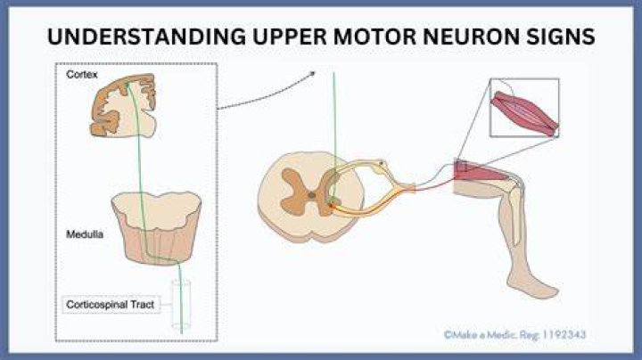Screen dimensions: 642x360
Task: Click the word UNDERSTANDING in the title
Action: click(147, 37)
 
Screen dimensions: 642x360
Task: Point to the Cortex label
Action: click(82, 75)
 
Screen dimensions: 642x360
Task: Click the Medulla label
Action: click(85, 234)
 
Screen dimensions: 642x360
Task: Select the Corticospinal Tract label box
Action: click(111, 305)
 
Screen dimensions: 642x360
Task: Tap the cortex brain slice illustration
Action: click(123, 105)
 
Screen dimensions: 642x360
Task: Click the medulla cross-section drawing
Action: click(157, 228)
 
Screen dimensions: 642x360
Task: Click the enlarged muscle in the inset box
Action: click(524, 113)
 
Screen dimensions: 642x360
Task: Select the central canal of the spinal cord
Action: click(311, 195)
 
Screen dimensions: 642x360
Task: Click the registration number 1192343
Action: click(564, 335)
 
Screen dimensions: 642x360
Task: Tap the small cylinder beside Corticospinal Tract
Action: click(181, 305)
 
